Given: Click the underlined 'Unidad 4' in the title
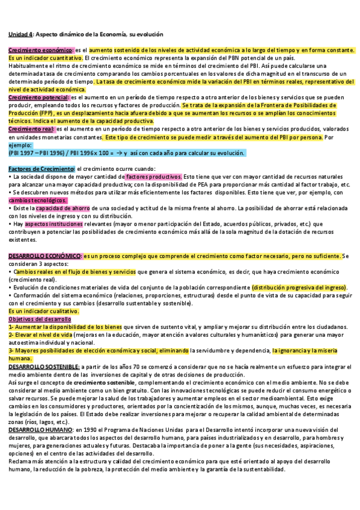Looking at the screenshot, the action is pyautogui.click(x=20, y=34).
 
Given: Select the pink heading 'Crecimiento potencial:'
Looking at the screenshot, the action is pyautogui.click(x=39, y=96).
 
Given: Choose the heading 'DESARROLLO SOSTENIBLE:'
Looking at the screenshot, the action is pyautogui.click(x=44, y=366).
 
